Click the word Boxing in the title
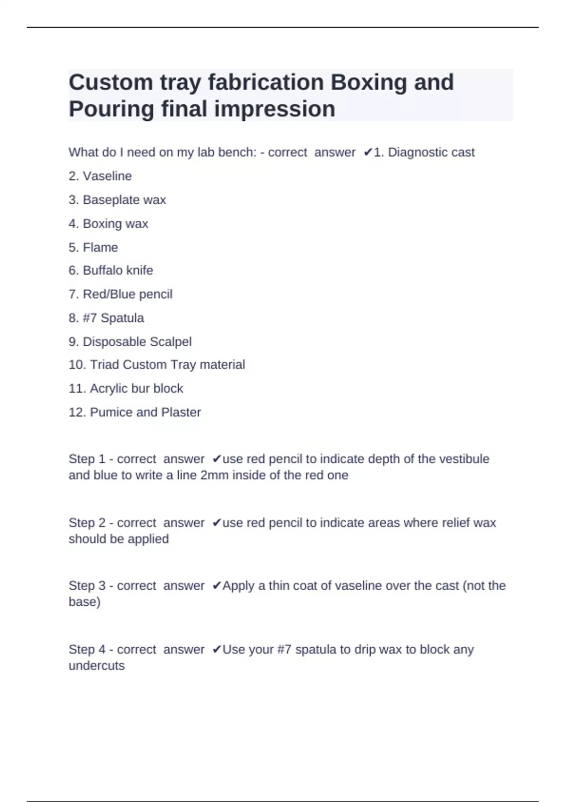pos(368,83)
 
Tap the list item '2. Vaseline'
pos(100,176)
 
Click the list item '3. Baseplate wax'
pos(117,200)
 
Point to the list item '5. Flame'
pos(93,247)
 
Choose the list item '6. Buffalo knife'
pos(111,270)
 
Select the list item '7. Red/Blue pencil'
pos(120,294)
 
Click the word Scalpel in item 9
pos(170,342)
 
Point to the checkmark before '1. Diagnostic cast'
pos(368,152)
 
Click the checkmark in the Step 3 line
pos(216,586)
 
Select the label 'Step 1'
pos(87,459)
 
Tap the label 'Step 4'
pos(87,650)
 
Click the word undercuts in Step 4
pos(97,666)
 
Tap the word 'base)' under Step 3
pos(84,602)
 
